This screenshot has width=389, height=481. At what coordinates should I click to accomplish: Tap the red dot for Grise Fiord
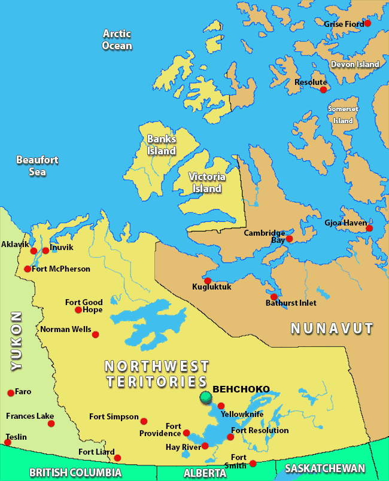[367, 23]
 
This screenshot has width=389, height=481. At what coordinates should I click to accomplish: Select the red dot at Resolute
[323, 90]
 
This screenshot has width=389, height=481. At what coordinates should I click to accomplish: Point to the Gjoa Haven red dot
[369, 228]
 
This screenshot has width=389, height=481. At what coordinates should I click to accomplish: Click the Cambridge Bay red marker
[289, 238]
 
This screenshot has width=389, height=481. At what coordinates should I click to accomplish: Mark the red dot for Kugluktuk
[208, 280]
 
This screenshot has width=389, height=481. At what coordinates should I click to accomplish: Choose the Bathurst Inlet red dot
[273, 297]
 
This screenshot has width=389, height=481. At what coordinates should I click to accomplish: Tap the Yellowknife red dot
[221, 406]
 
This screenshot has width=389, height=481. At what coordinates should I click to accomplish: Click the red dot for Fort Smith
[253, 463]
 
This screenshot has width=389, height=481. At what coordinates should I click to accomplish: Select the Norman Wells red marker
[95, 334]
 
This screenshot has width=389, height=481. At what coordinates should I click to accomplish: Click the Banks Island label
[162, 145]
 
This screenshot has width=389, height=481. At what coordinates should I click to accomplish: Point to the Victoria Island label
[206, 182]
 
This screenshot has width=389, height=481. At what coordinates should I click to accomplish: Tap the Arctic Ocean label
[117, 39]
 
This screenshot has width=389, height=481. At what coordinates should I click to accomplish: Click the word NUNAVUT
[332, 328]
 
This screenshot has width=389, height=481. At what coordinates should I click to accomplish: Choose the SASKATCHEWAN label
[324, 468]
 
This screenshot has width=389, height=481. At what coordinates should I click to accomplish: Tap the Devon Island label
[355, 64]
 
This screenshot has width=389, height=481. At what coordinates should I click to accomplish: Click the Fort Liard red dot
[117, 458]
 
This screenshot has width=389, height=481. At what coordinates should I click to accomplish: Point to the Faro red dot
[11, 393]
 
